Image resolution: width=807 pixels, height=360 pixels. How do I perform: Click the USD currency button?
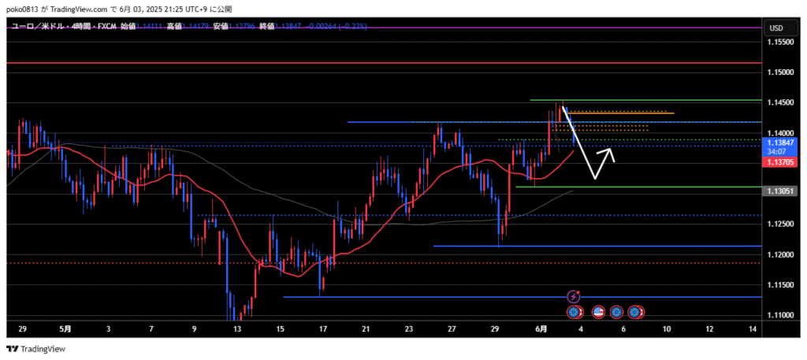coord(775,28)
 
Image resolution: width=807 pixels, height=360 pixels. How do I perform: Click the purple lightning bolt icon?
coord(574,297)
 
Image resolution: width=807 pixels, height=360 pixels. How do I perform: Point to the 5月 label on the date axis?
coord(65,329)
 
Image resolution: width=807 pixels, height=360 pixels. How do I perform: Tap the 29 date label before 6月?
coord(496,329)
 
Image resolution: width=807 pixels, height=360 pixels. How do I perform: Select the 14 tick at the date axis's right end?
coord(753,329)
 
